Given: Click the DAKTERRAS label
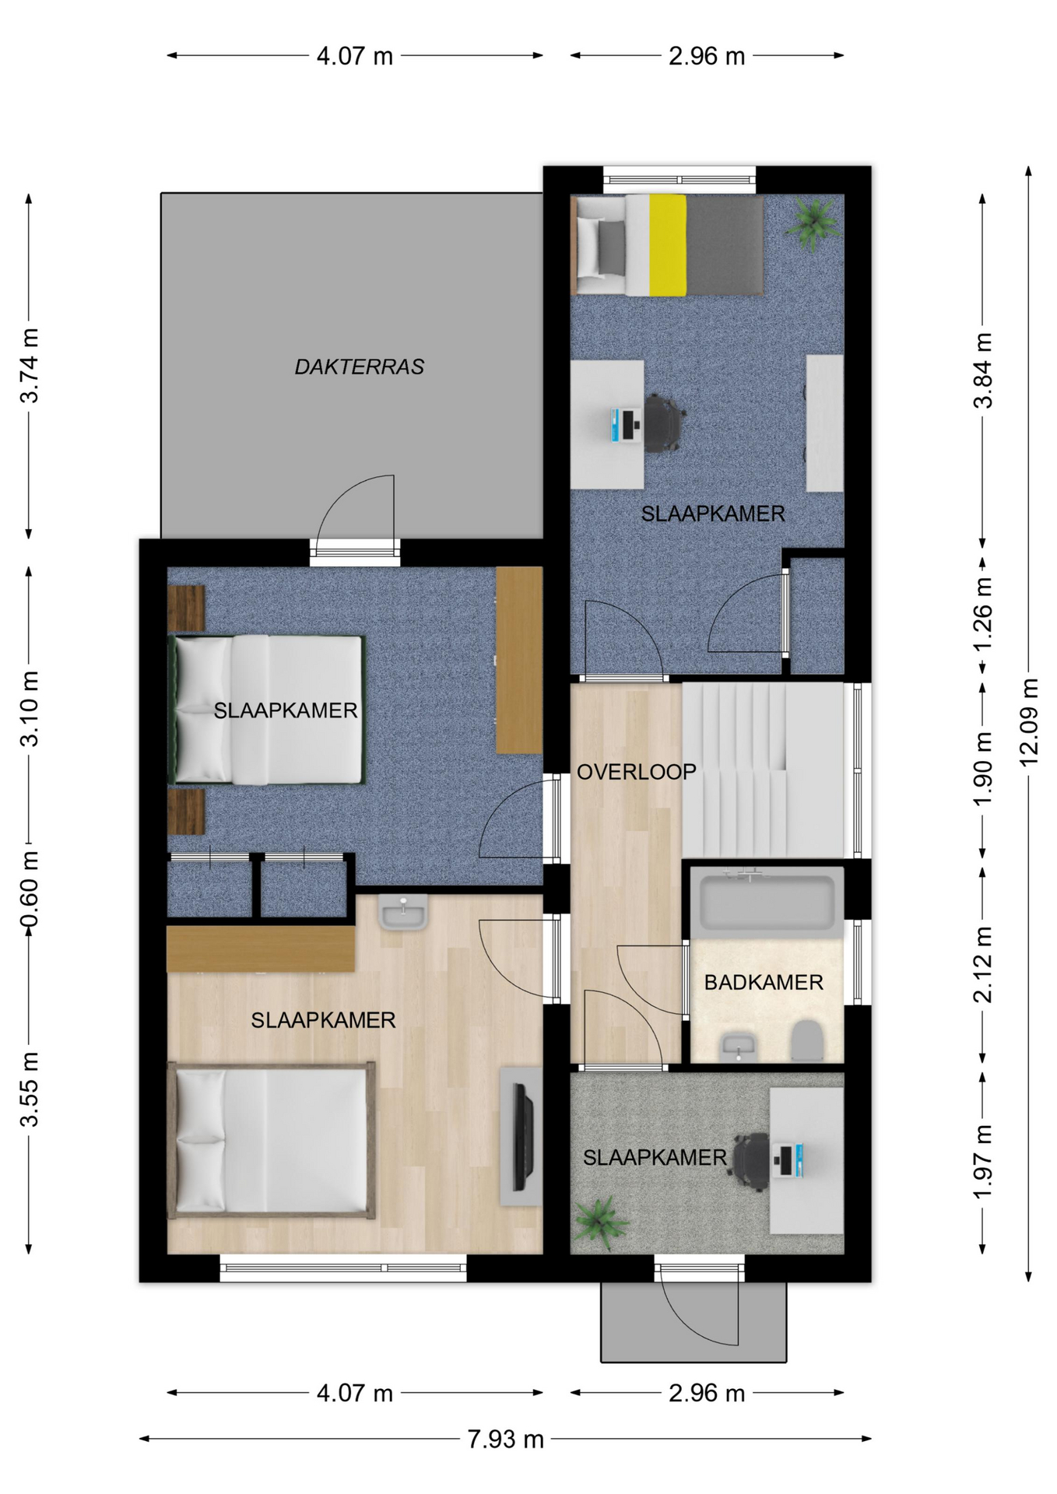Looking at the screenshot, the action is click(x=359, y=366).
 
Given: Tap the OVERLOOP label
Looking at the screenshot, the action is click(x=636, y=772).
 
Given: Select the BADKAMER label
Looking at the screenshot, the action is click(x=764, y=983).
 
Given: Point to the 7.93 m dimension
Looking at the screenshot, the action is click(x=505, y=1440).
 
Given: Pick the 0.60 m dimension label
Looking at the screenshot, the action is click(x=29, y=889).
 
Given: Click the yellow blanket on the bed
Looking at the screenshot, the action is click(x=667, y=244).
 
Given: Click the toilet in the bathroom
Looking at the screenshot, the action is click(x=807, y=1041).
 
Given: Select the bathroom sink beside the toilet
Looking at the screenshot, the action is click(x=739, y=1047).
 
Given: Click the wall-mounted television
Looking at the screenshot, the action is click(x=522, y=1137).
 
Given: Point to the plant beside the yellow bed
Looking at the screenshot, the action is click(x=813, y=223).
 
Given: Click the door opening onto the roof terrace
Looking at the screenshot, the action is click(x=356, y=519).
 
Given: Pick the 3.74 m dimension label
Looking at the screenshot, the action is click(x=29, y=366).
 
